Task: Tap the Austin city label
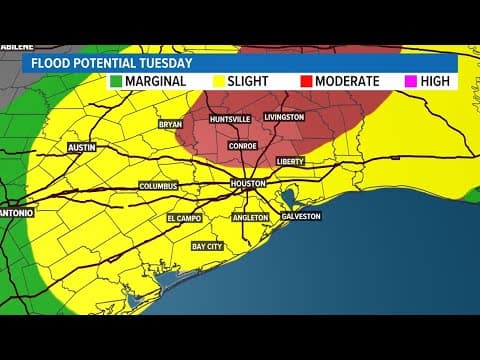click(81, 147)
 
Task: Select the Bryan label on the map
click(171, 124)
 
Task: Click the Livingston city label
click(283, 117)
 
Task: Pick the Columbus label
click(158, 185)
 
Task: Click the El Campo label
click(184, 216)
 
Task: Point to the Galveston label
click(301, 216)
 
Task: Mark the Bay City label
click(208, 245)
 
